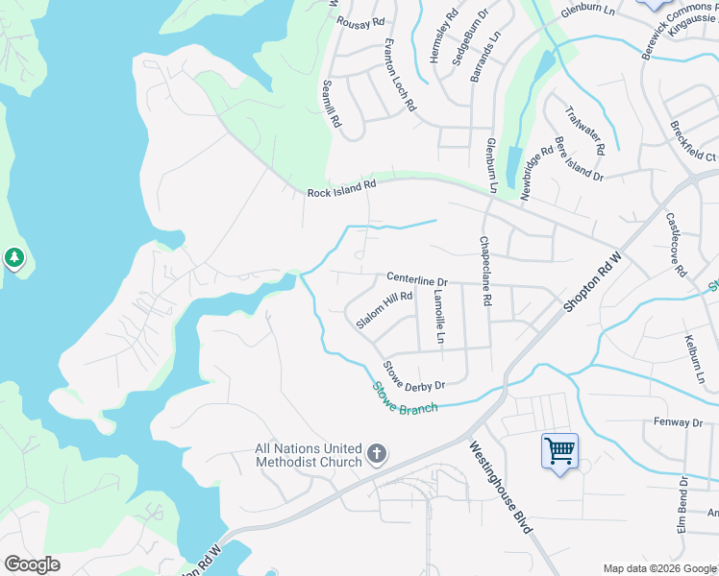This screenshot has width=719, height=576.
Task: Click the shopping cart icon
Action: pos(559,449)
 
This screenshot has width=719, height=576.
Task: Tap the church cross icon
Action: pos(377,454)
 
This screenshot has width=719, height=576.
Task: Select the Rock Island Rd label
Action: pos(341,190)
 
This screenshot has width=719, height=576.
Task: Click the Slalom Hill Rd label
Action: pos(384,310)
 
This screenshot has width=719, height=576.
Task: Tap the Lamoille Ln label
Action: pos(439,317)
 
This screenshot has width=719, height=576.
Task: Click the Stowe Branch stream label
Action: pos(405,399)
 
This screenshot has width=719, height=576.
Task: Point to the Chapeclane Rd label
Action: pos(486,272)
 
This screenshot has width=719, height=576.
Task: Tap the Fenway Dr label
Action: pos(679,422)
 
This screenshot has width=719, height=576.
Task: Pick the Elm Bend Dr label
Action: pos(682,504)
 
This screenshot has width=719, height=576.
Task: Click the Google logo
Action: pos(32,564)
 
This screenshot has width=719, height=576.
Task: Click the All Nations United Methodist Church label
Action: pos(308,455)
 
